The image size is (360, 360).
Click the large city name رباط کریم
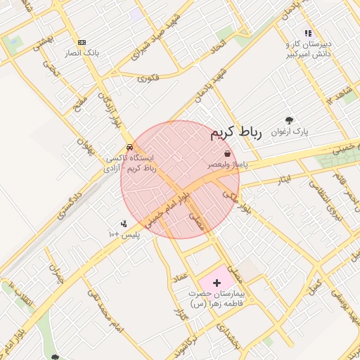236,133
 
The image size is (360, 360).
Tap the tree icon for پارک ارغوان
289,120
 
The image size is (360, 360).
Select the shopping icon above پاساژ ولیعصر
227,154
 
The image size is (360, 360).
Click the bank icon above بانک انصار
82,42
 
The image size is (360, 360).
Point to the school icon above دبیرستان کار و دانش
307,33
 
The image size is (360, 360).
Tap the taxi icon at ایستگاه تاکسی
129,148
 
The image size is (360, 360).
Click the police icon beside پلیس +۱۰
124,224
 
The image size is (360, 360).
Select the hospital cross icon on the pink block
217,282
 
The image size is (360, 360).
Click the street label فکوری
148,77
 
